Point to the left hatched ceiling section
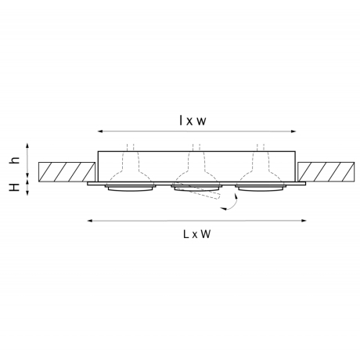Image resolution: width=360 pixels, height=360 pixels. coord(64,171)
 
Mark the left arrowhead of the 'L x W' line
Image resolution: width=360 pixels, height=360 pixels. coord(88,221)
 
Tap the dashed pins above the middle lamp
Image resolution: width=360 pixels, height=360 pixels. coord(197,148)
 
